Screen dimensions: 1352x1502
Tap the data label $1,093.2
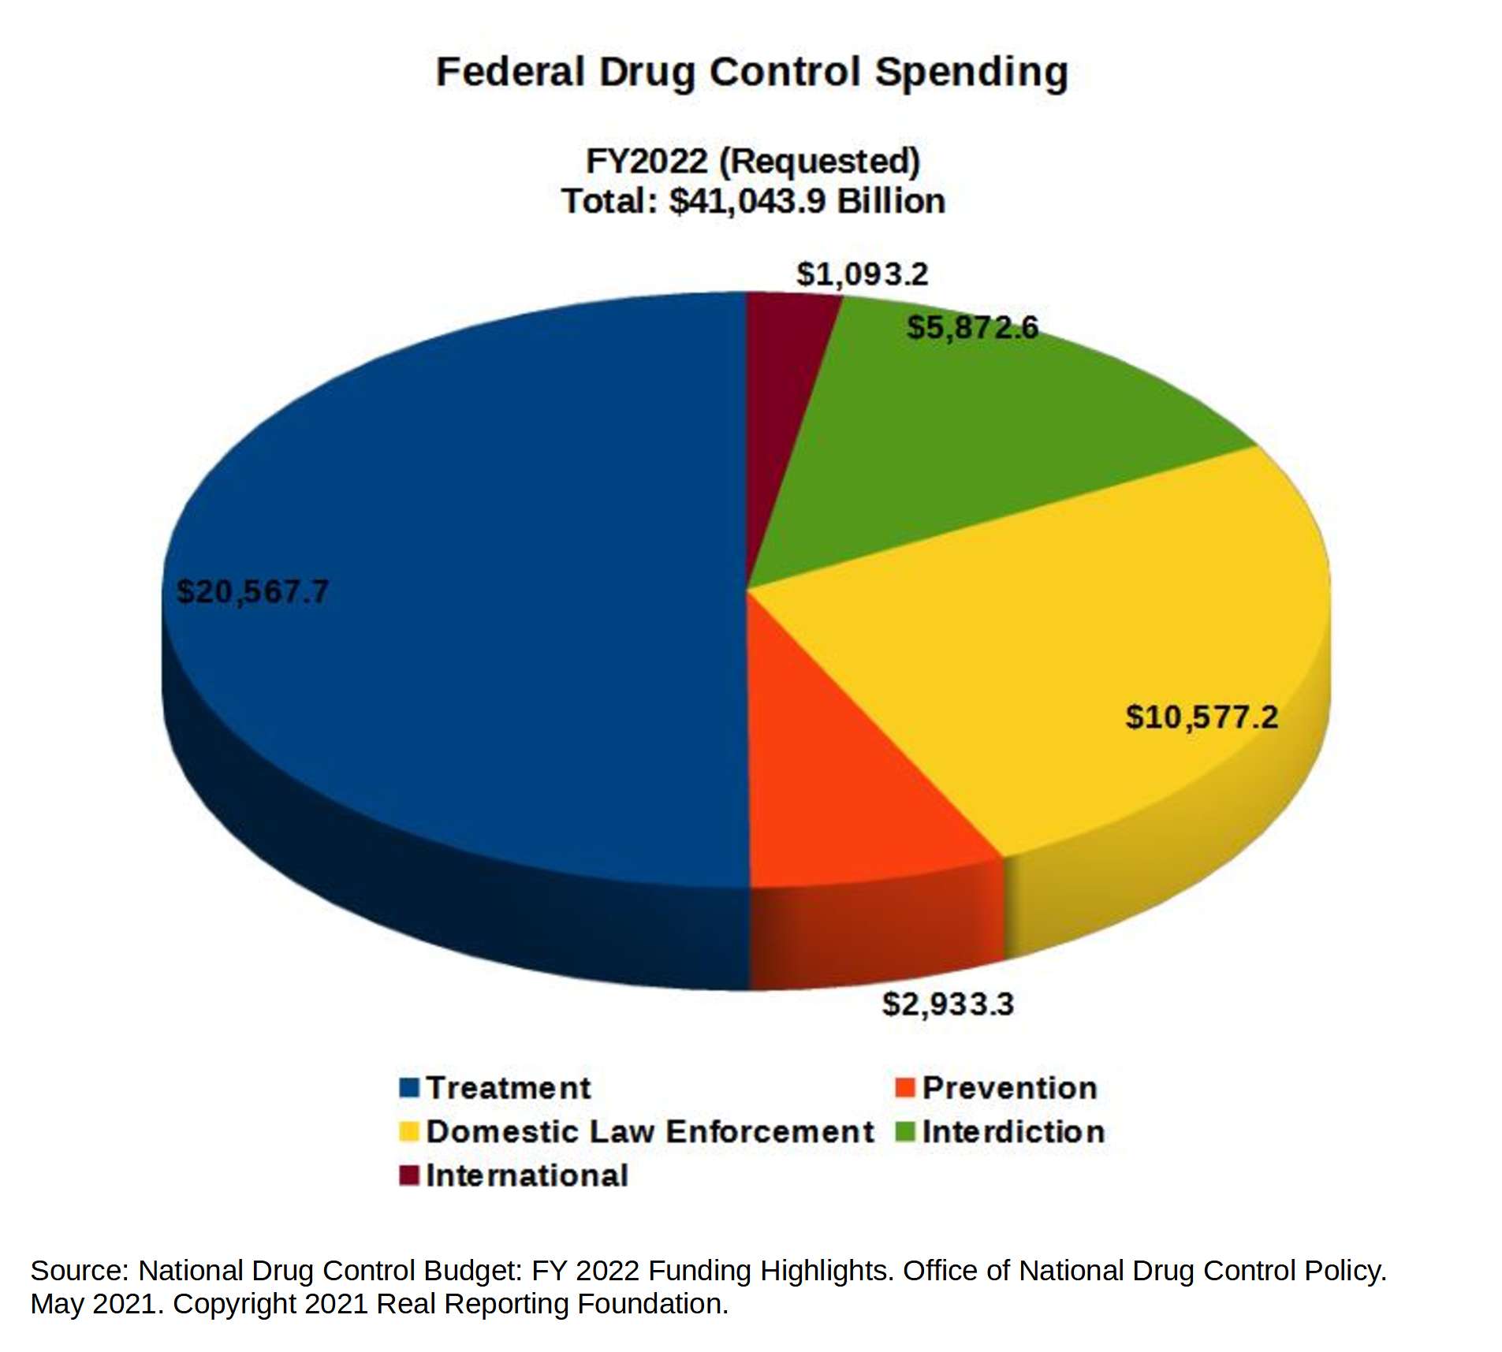861,274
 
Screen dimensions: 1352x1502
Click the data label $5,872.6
971,327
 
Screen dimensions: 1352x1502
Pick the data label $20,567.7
252,591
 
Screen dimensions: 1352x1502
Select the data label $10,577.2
1200,717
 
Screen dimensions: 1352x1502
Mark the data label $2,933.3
947,1004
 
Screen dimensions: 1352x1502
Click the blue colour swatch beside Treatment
408,1087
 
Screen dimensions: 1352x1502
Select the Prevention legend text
1008,1087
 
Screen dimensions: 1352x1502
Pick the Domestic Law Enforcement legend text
649,1131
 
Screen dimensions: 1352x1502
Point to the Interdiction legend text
1012,1131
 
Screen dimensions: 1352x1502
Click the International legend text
526,1175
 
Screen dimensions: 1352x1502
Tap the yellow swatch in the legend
408,1131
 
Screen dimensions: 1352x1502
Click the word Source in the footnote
76,1270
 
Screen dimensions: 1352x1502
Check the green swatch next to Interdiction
904,1131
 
